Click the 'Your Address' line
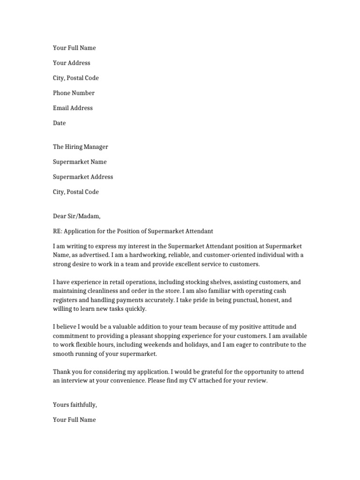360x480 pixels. pos(72,63)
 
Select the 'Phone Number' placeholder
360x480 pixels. pos(74,93)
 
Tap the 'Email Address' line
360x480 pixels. pos(73,108)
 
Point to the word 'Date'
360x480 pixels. pos(60,123)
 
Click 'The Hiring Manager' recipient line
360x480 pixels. pos(81,147)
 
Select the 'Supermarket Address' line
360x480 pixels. pos(83,177)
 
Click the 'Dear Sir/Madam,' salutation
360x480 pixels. pos(77,216)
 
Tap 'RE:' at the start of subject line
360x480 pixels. pos(57,231)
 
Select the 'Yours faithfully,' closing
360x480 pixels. pos(75,405)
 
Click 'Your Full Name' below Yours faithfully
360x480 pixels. pos(75,420)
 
